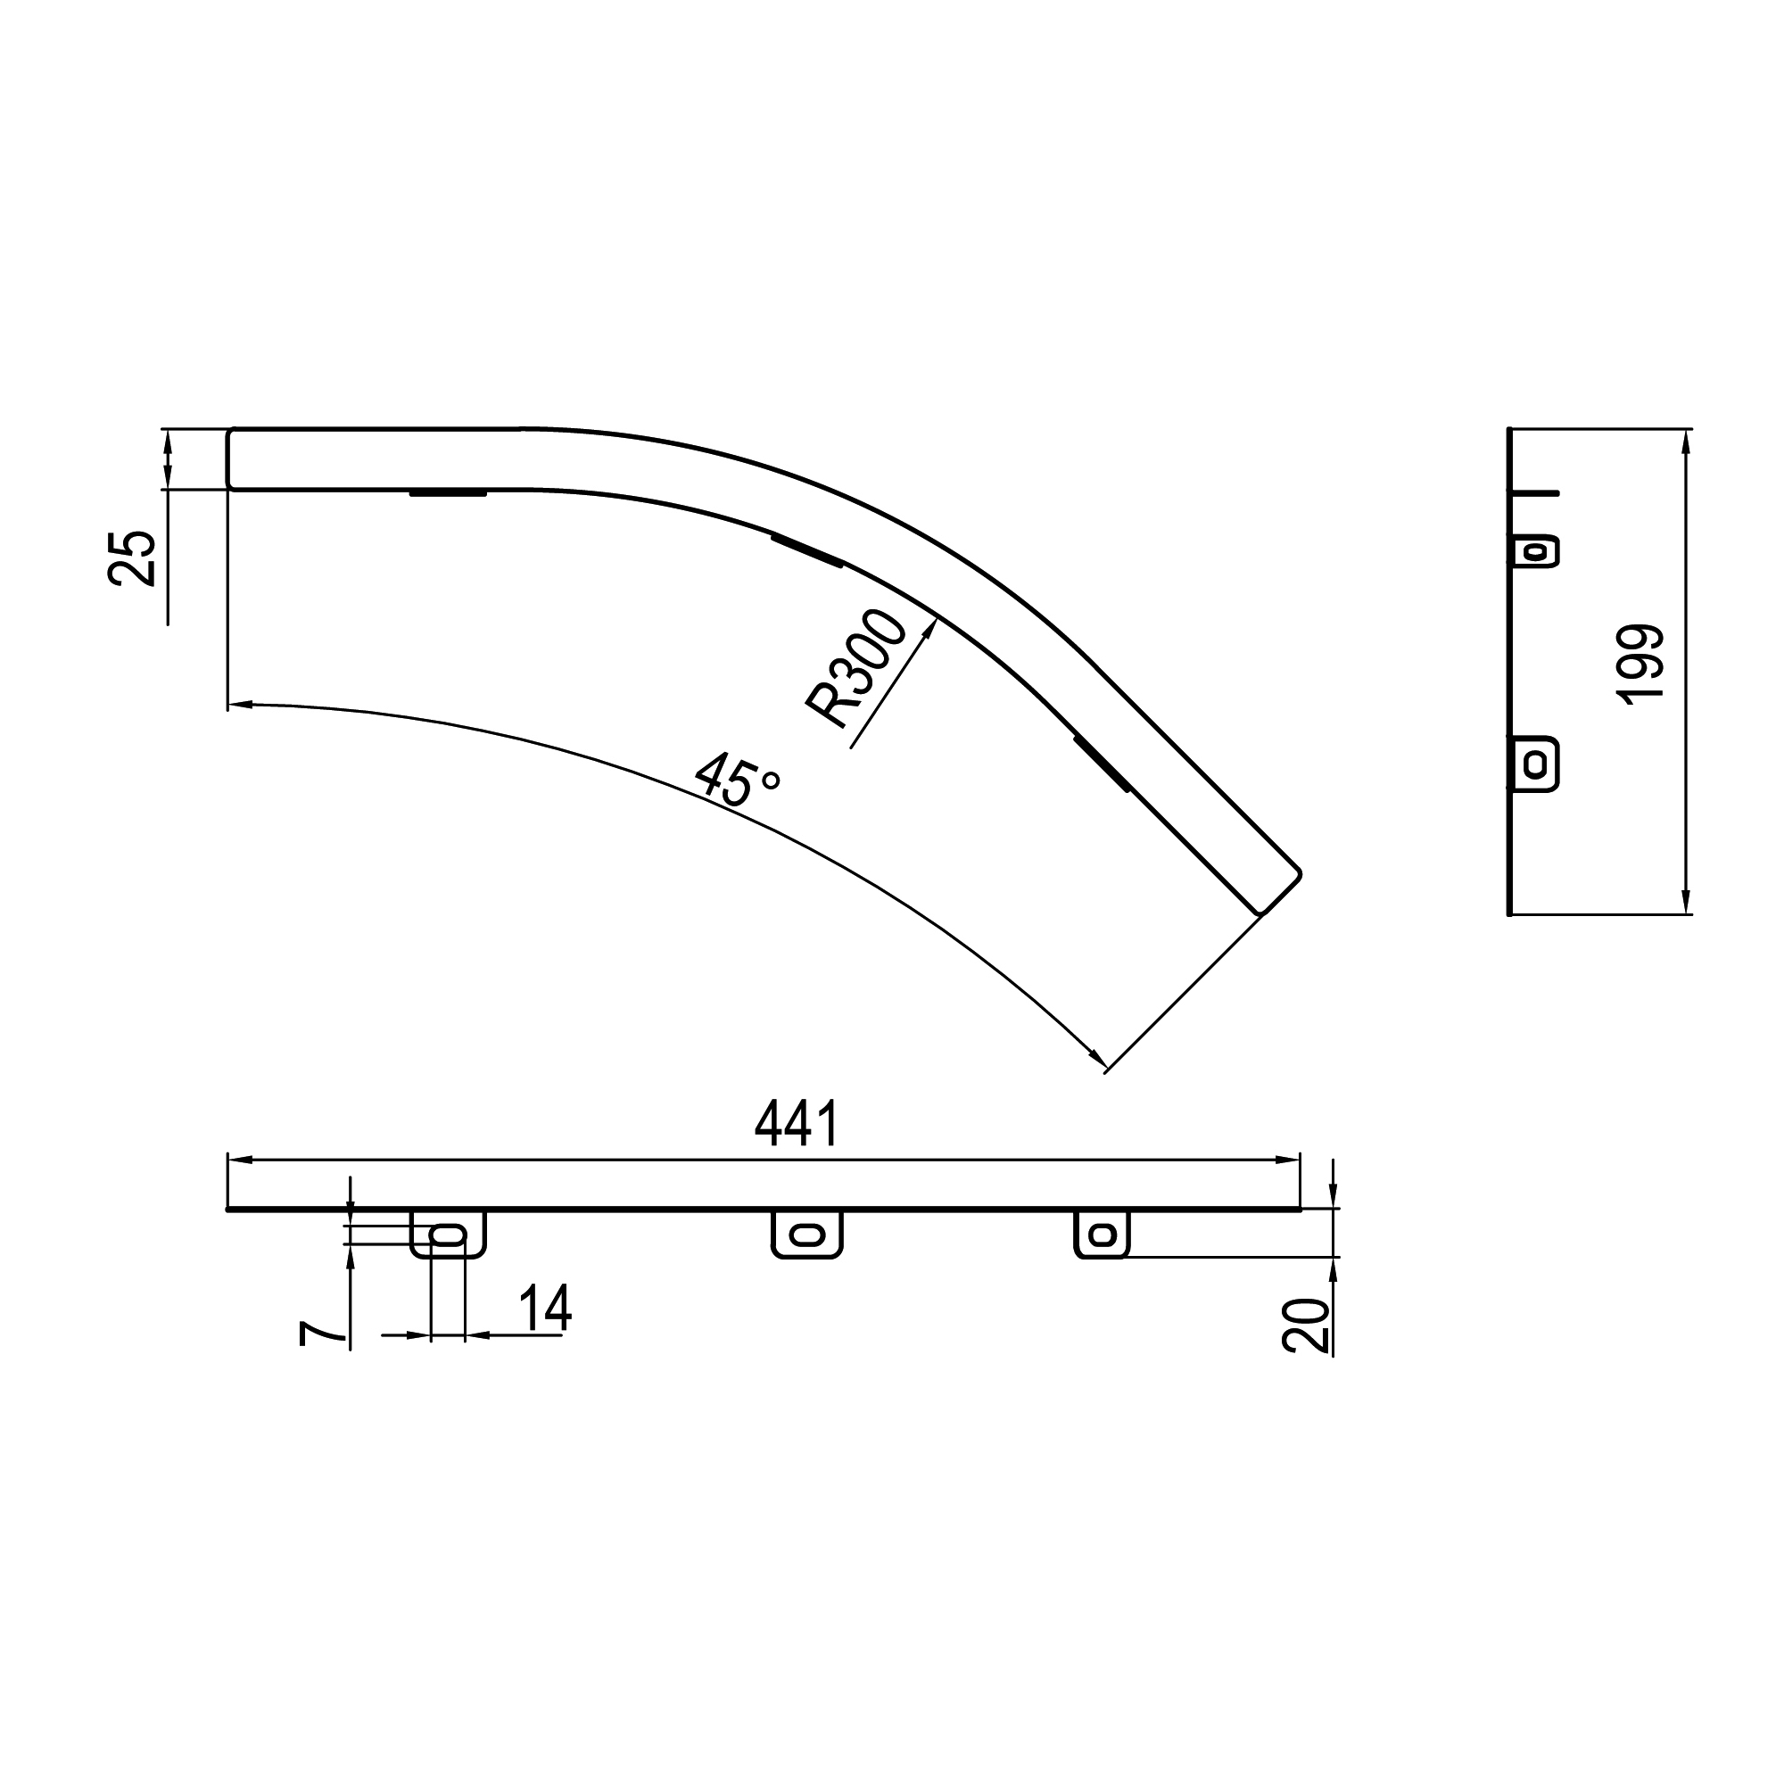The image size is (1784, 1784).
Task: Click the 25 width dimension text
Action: coord(131,557)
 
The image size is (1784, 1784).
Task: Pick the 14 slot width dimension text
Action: coord(545,1309)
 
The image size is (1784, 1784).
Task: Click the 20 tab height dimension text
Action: coord(1304,1326)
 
